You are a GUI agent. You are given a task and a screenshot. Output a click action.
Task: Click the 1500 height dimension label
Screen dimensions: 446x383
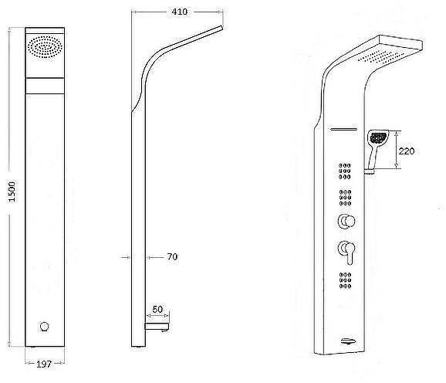(12, 191)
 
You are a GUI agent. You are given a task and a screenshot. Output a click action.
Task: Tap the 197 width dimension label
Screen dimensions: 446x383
(44, 364)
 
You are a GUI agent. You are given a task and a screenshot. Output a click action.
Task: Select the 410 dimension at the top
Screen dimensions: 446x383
(180, 12)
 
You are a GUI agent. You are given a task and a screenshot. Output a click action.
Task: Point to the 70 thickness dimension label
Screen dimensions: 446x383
(172, 256)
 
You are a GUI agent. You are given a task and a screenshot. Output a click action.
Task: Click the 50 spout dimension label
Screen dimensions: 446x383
(157, 309)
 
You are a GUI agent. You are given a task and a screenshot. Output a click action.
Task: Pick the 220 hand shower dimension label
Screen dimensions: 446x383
(407, 151)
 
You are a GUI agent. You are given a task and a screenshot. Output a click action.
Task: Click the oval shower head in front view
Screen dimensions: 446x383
(45, 47)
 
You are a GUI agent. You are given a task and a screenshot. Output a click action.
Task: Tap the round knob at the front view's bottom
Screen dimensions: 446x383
(45, 327)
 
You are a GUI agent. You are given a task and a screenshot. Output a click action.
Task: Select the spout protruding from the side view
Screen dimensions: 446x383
(157, 327)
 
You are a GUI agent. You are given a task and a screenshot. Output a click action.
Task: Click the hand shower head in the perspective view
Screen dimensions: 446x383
(378, 138)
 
